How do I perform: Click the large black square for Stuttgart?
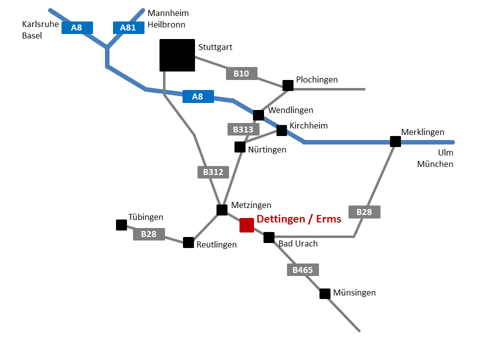177,55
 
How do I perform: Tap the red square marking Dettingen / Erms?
246,225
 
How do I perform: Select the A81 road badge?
128,27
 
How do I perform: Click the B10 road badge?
241,73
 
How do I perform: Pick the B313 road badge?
243,129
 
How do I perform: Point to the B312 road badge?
213,172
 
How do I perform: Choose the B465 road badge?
302,270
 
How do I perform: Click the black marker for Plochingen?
288,85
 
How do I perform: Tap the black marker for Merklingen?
395,141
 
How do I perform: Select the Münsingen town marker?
325,293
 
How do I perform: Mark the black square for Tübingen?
121,225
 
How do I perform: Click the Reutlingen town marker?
188,242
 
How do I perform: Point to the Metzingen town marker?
222,210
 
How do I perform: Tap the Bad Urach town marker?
269,237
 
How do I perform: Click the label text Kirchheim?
308,125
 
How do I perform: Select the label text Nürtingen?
267,149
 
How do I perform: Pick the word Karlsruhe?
40,24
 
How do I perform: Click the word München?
435,164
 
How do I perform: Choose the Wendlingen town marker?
258,115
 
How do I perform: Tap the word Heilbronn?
166,24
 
